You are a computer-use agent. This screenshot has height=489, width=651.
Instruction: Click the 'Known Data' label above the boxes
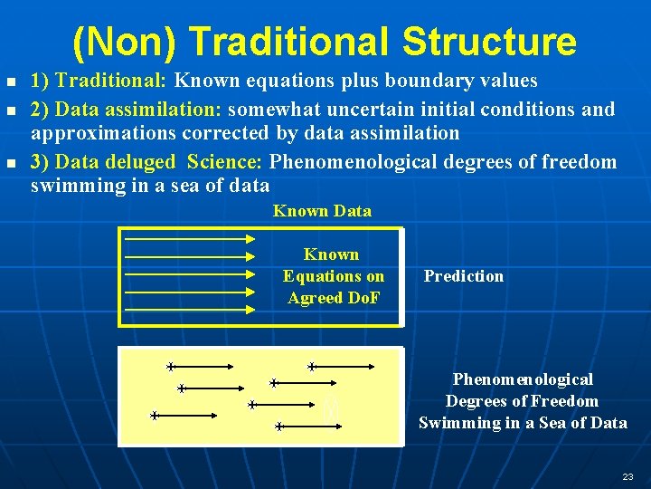(x=322, y=211)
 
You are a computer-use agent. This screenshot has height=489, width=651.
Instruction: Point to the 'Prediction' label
(x=464, y=276)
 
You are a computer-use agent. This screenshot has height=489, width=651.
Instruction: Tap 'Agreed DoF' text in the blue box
(x=334, y=298)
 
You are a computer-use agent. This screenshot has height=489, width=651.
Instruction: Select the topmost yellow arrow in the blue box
(x=190, y=239)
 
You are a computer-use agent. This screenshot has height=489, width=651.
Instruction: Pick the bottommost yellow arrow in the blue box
(x=190, y=310)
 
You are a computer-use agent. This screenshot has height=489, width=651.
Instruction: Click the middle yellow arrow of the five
(x=190, y=274)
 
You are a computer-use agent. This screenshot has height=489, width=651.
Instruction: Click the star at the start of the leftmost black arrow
(x=155, y=416)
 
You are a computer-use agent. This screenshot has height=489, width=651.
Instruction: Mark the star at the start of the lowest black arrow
(x=279, y=426)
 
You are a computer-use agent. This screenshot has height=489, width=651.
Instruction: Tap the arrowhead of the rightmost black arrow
(x=373, y=367)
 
